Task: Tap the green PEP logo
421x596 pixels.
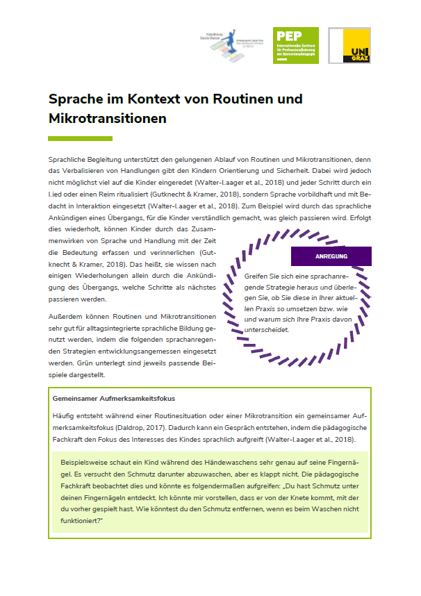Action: click(296, 46)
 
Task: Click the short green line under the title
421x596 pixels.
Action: click(70, 139)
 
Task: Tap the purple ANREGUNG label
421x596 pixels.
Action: click(331, 256)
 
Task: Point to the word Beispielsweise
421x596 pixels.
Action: click(85, 462)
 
